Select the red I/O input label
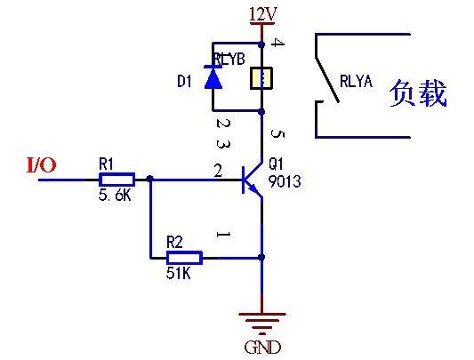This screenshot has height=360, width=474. pos(41,164)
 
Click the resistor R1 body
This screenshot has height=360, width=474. pos(116,179)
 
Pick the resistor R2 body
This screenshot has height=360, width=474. pos(184,258)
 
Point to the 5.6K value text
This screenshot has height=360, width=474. pos(115,196)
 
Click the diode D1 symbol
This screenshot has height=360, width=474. pos(213,78)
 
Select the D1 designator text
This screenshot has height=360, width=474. pos(184,82)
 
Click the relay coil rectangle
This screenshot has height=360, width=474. pos(261,78)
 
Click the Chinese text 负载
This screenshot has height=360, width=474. pos(417,93)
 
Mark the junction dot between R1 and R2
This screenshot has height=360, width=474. pos(149,179)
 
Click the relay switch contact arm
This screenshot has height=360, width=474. pos(325,80)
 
